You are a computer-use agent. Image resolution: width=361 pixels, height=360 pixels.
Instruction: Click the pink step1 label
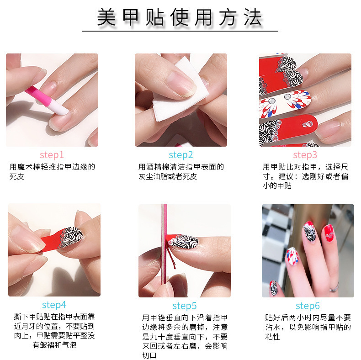52,155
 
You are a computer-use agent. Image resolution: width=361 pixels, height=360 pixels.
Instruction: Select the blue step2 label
180,155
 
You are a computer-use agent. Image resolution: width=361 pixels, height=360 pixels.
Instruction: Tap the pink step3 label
305,155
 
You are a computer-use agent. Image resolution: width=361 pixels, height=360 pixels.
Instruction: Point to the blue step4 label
54,305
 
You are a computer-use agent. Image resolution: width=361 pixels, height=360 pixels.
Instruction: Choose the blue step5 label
185,306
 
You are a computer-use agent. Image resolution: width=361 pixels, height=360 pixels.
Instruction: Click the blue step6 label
308,306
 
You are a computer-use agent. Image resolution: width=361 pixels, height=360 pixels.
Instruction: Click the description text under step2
180,171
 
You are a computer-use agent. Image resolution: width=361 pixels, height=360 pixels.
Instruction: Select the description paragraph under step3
305,176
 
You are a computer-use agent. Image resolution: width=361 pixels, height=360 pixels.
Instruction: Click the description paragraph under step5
185,336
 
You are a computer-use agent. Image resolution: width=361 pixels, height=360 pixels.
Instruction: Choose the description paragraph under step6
308,327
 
